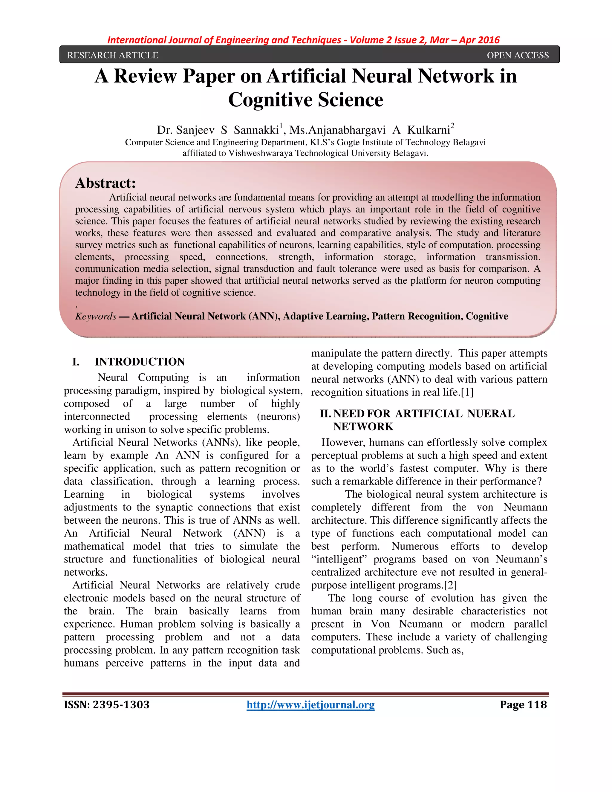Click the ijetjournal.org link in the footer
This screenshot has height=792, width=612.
coord(310,705)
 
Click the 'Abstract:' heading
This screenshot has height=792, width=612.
coord(105,183)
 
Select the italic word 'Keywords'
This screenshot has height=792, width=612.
coord(96,316)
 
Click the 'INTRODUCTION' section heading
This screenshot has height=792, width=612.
coord(140,362)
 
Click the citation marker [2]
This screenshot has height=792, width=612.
coord(450,585)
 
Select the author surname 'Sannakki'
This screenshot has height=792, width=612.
coord(256,130)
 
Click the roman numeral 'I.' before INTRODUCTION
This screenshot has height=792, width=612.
coord(76,362)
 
